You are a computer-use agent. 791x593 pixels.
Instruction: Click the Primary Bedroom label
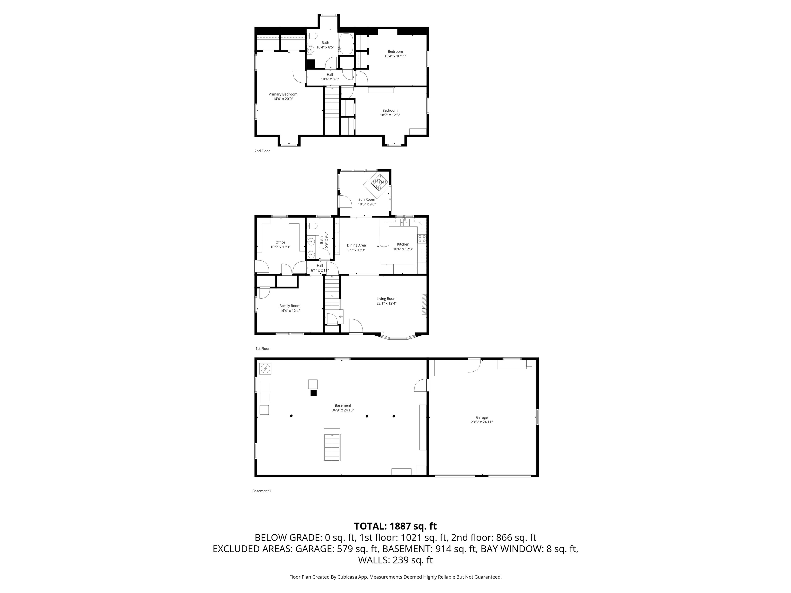[283, 94]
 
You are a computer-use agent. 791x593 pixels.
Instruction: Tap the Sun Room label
[367, 199]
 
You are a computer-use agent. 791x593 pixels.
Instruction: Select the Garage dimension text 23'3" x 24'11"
[481, 422]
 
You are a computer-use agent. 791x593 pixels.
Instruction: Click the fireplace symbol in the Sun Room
[379, 183]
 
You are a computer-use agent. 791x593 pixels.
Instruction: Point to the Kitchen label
[403, 245]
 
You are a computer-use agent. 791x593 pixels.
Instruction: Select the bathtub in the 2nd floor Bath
[346, 44]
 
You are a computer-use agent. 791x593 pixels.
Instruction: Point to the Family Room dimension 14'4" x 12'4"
[290, 311]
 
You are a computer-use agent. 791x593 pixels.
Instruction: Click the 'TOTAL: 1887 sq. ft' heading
[395, 526]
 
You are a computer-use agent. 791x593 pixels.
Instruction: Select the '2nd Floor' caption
[262, 151]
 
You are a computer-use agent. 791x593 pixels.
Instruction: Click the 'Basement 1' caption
[262, 491]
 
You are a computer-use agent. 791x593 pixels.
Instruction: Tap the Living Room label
[386, 299]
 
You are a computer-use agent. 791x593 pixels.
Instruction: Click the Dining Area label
[356, 246]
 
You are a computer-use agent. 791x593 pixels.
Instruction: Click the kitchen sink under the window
[405, 222]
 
